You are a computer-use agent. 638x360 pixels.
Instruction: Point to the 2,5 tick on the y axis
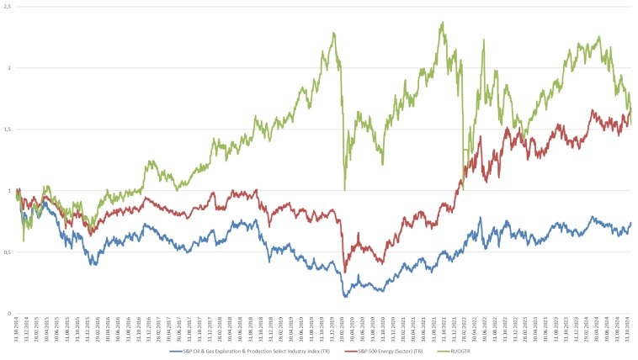tap(7, 6)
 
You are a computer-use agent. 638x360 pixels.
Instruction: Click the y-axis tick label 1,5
tap(7, 129)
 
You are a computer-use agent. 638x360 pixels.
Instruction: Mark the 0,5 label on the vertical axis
tap(7, 251)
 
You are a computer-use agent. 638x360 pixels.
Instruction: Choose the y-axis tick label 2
tap(10, 67)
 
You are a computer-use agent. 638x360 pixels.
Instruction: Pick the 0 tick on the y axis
tap(10, 313)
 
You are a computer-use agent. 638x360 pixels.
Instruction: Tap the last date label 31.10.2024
tap(630, 326)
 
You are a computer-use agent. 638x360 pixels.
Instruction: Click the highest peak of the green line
tap(443, 23)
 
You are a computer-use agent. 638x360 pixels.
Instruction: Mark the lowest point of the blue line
tap(345, 296)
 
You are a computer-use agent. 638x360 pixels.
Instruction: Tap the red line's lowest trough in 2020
tap(345, 272)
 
